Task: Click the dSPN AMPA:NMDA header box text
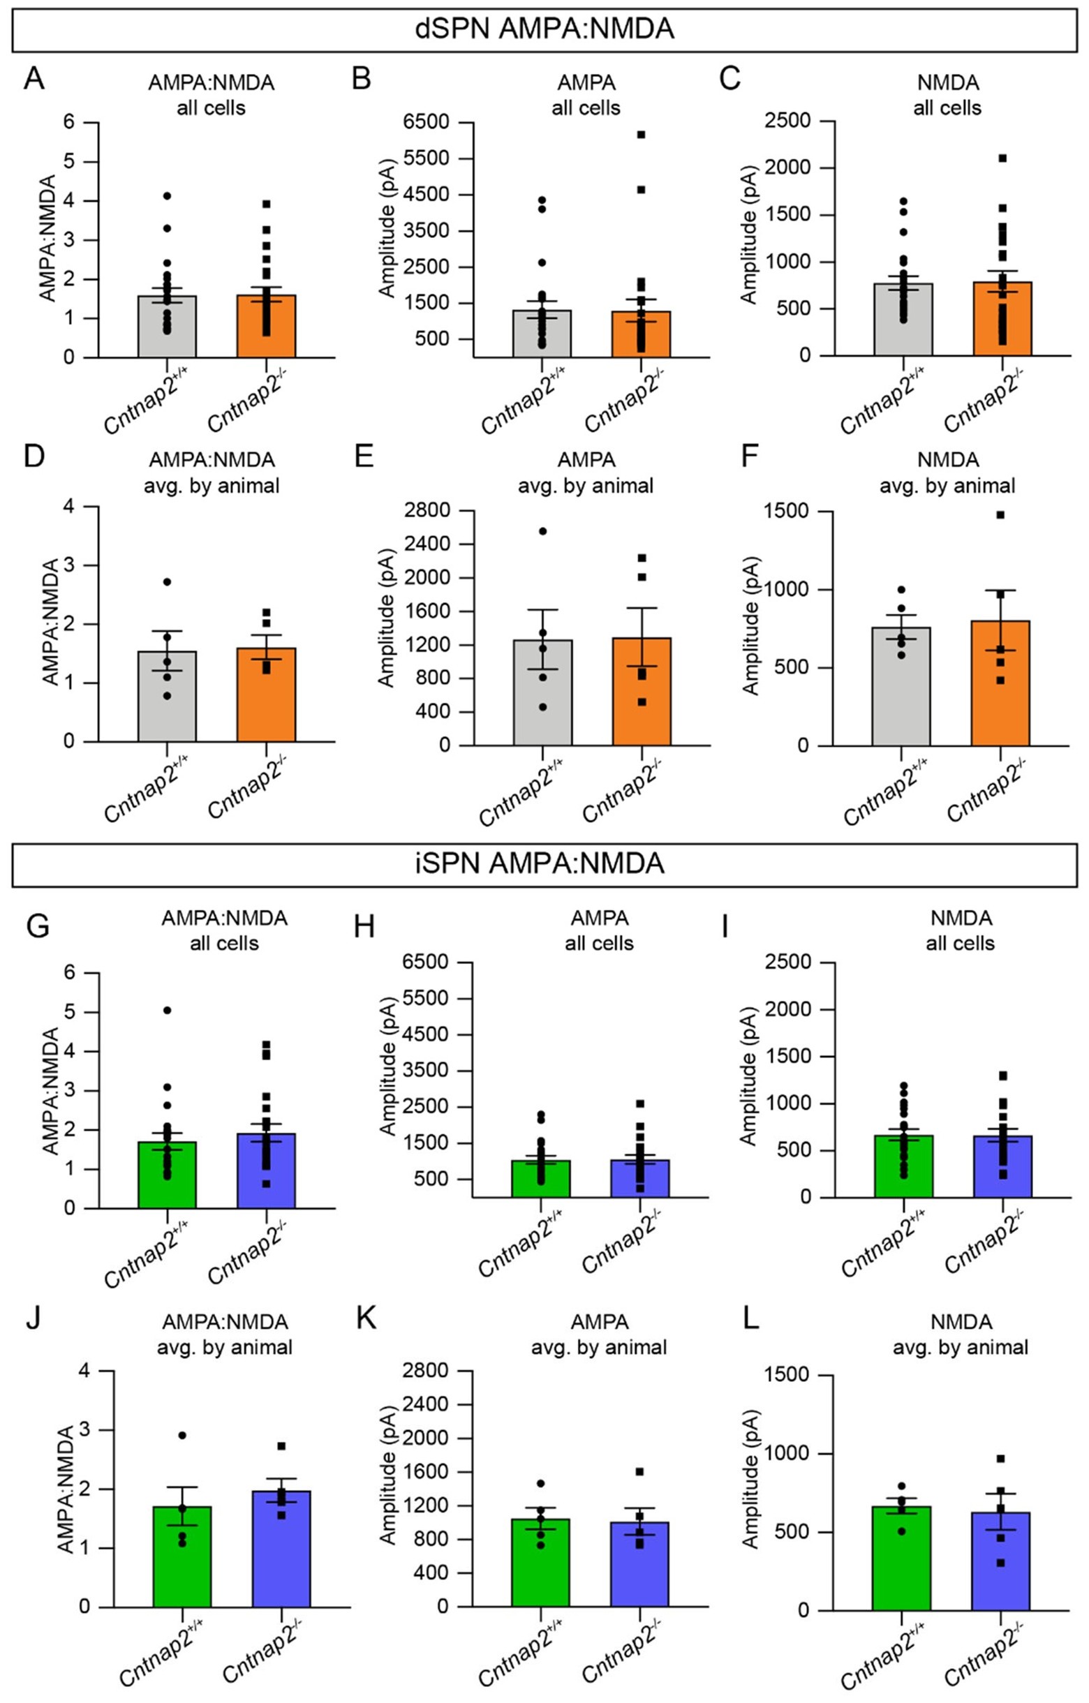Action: pyautogui.click(x=544, y=30)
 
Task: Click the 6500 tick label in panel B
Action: pyautogui.click(x=426, y=122)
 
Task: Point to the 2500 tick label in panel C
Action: pyautogui.click(x=787, y=121)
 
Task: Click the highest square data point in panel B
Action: pyautogui.click(x=641, y=135)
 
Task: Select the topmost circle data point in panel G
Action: pyautogui.click(x=168, y=1010)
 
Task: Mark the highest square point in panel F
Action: pyautogui.click(x=1000, y=515)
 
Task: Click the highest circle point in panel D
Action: pyautogui.click(x=167, y=581)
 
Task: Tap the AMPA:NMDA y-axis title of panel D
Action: pyautogui.click(x=49, y=623)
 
